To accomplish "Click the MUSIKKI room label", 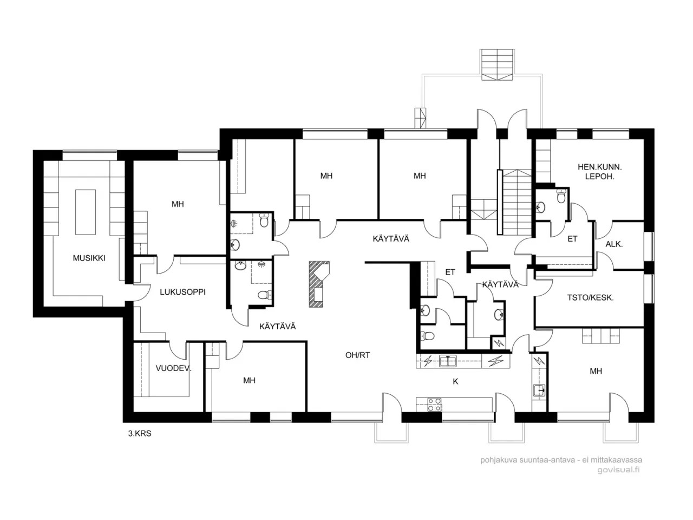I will [89, 258].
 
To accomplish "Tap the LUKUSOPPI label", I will [182, 292].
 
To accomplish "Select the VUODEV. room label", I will [174, 369].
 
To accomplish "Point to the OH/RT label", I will [357, 355].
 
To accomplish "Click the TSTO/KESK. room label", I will [590, 297].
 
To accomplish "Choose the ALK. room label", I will [614, 244].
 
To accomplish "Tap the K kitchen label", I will [455, 381].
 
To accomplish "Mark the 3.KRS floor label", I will [140, 433].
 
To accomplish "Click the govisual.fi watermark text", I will [618, 470].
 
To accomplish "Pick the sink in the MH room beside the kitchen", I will [539, 389].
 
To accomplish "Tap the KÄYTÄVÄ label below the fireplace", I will [277, 326].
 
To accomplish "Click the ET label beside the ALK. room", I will [572, 239].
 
